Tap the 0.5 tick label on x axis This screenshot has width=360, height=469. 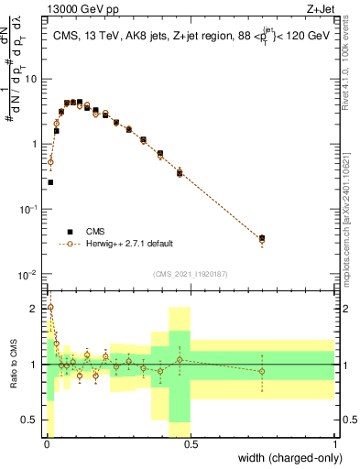click(x=190, y=444)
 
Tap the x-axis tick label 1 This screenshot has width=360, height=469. click(x=335, y=444)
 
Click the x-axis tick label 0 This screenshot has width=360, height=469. click(x=45, y=444)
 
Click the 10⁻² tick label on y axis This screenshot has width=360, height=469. click(x=29, y=275)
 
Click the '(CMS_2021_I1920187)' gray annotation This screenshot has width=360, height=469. click(x=190, y=273)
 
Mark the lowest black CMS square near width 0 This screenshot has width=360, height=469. click(x=50, y=182)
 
